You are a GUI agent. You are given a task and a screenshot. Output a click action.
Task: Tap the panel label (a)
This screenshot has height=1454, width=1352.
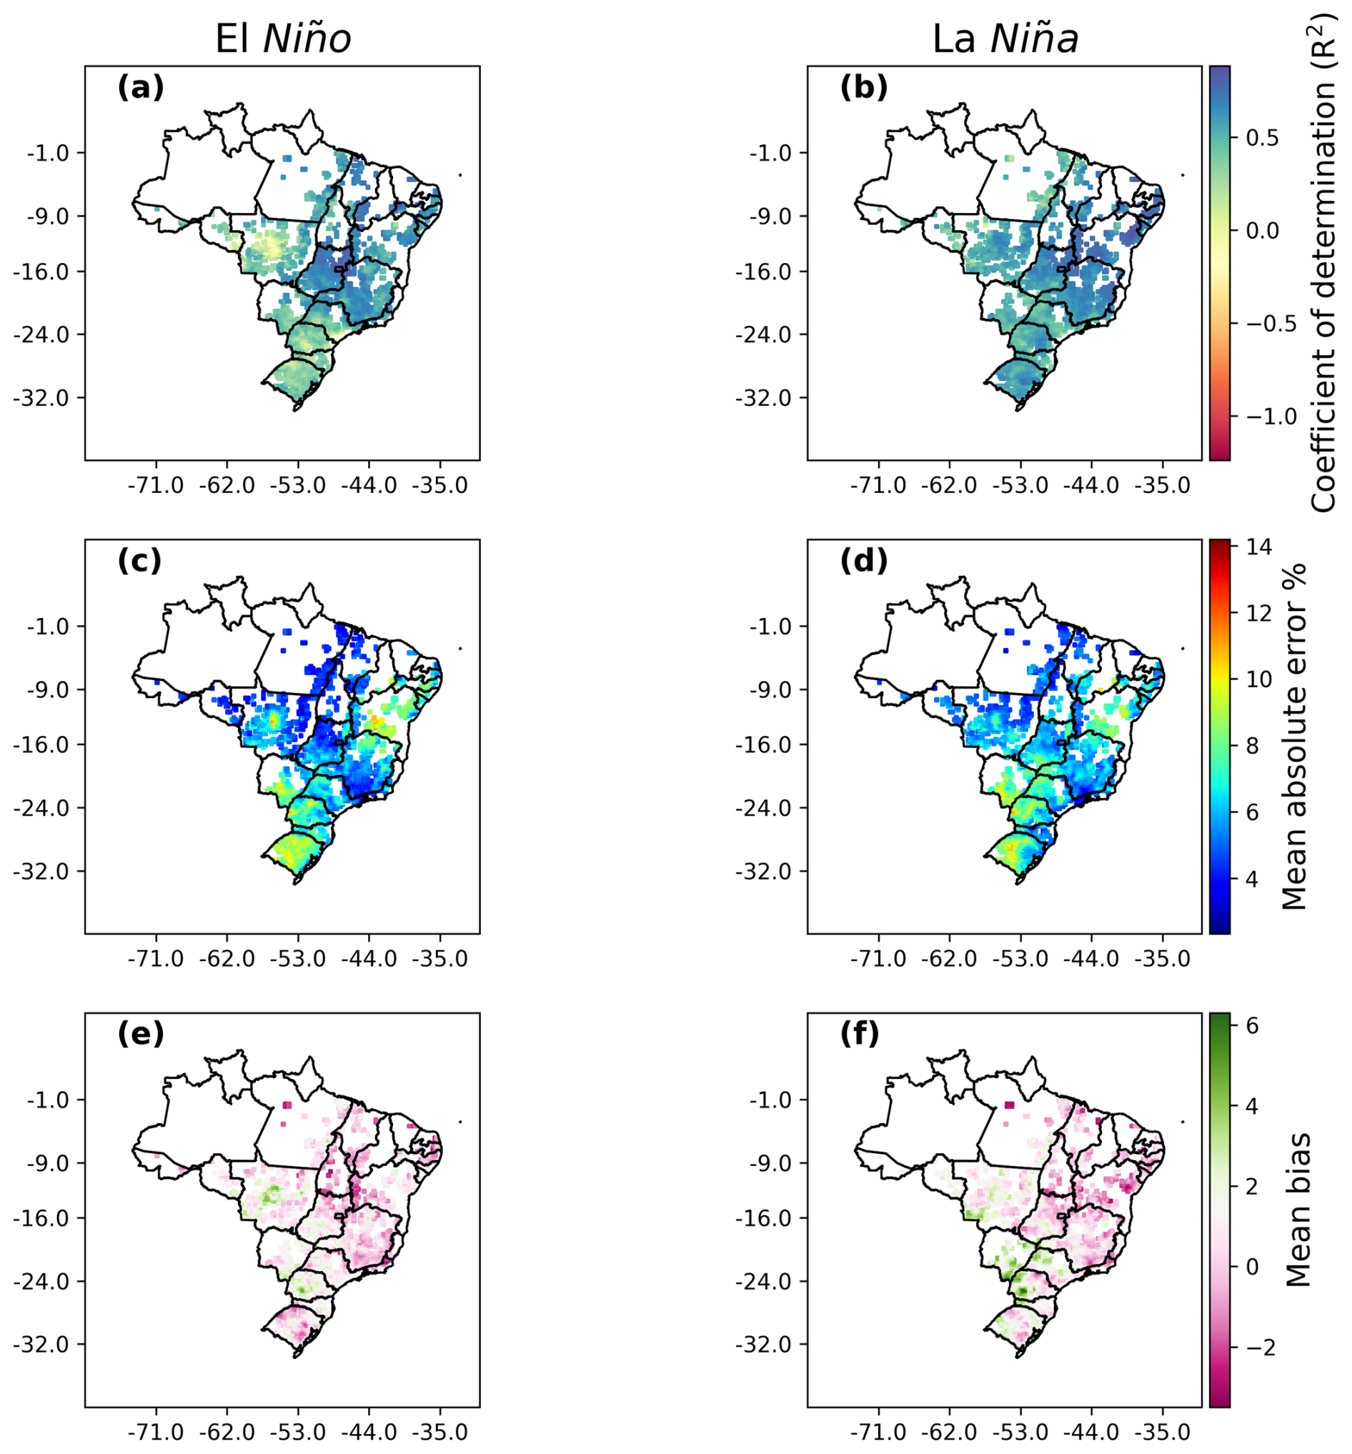pyautogui.click(x=141, y=88)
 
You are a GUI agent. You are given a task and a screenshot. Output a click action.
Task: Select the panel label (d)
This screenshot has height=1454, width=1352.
pyautogui.click(x=863, y=561)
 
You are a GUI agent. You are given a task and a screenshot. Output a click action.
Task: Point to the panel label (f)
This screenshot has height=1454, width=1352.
pyautogui.click(x=860, y=1034)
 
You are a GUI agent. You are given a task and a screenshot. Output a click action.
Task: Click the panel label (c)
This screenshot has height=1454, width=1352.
pyautogui.click(x=139, y=561)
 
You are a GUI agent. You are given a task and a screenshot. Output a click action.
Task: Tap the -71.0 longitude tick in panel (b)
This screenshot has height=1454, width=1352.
pyautogui.click(x=879, y=486)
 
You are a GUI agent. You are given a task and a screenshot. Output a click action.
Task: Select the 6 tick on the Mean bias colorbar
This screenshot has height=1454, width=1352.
pyautogui.click(x=1248, y=1027)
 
